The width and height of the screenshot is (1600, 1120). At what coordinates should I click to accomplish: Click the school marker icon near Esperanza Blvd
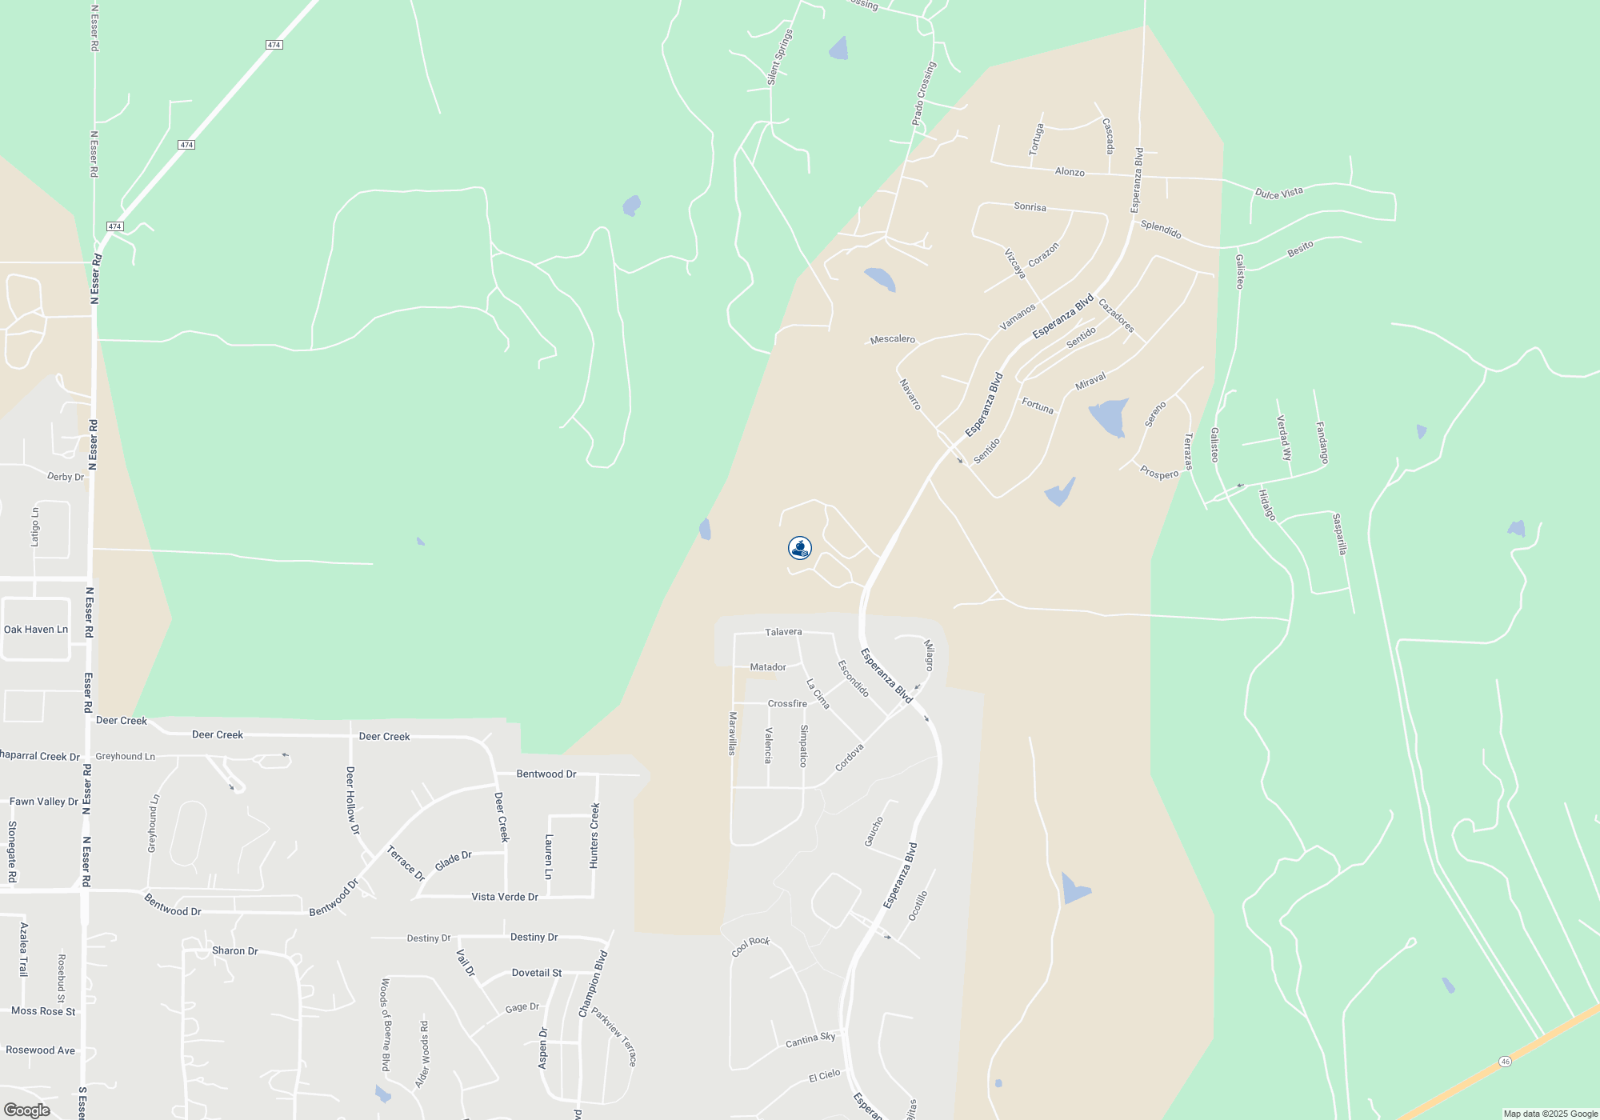[800, 548]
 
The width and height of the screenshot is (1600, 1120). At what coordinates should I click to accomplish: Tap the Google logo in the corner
[26, 1110]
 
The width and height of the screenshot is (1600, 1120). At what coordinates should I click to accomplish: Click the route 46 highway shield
[1505, 1062]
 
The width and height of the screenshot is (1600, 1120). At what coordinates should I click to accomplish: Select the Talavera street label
[783, 632]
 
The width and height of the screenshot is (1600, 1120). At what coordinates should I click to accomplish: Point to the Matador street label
[768, 667]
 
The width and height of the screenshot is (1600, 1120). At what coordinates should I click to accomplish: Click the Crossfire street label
[787, 704]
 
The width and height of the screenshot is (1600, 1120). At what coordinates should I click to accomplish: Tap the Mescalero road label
[892, 339]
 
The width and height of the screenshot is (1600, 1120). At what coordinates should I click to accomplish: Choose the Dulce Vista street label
[1278, 193]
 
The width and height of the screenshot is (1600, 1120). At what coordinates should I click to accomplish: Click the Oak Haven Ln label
[36, 630]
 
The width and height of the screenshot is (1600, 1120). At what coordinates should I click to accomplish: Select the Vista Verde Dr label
[505, 897]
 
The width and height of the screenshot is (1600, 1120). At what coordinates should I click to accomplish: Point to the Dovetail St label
[537, 973]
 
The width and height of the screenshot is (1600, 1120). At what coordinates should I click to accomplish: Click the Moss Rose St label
[43, 1011]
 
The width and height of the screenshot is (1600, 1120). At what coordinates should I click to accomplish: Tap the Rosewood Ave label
[41, 1050]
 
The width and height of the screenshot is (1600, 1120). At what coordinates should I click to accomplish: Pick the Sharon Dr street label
[234, 951]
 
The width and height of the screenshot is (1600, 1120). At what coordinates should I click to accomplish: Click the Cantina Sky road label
[810, 1039]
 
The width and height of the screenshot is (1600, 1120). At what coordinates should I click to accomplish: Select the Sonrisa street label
[1030, 206]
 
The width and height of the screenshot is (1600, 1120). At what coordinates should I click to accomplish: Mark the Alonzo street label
[1070, 172]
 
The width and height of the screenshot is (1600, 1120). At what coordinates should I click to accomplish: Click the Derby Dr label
[66, 477]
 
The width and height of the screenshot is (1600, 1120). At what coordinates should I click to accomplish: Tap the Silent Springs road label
[780, 57]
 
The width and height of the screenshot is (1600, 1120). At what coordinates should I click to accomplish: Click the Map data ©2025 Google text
[1550, 1114]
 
